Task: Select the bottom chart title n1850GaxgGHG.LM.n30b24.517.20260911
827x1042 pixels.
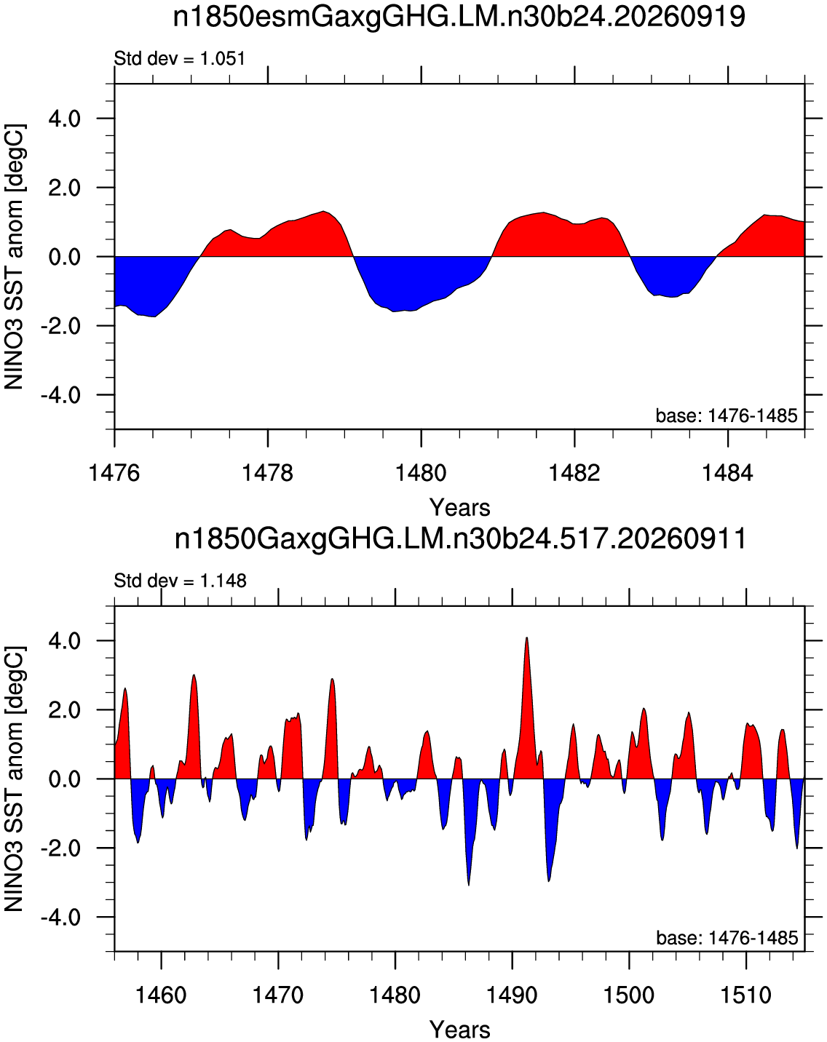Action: pos(460,538)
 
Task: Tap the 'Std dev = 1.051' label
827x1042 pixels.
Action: pos(179,59)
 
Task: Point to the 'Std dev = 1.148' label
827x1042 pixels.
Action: pos(181,580)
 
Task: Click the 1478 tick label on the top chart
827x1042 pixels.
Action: pos(267,472)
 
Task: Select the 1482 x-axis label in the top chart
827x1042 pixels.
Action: pos(574,472)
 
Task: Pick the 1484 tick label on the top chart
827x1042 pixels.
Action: pos(727,472)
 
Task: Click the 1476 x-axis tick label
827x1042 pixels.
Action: pos(114,472)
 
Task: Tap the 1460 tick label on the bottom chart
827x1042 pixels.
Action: pos(162,993)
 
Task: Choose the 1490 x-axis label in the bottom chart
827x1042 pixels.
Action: pos(512,993)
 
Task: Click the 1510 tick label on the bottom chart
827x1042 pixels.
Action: pos(746,993)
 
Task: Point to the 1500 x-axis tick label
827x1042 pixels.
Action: pos(629,993)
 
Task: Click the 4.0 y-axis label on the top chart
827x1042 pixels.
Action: pos(65,119)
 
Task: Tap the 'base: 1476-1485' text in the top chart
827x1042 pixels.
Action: pos(727,415)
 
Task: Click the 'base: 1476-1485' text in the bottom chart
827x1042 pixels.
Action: pos(727,937)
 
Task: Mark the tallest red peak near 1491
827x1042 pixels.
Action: pos(526,638)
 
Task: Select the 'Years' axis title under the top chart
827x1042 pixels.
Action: pos(460,507)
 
